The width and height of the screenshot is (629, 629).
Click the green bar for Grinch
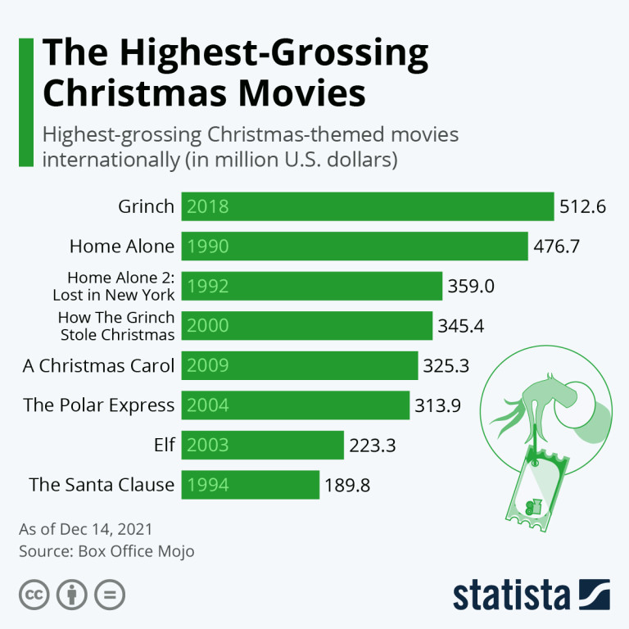pyautogui.click(x=368, y=206)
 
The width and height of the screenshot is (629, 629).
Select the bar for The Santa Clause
pyautogui.click(x=250, y=485)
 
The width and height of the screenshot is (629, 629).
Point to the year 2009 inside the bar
pyautogui.click(x=208, y=365)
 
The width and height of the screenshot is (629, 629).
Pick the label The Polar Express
pyautogui.click(x=99, y=405)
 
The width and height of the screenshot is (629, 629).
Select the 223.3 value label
pyautogui.click(x=373, y=445)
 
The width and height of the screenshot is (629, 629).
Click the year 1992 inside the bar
pyautogui.click(x=208, y=287)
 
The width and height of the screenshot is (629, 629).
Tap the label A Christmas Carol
pyautogui.click(x=98, y=365)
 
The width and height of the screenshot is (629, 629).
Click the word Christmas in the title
pyautogui.click(x=124, y=93)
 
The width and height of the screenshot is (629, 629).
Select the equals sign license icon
pyautogui.click(x=109, y=595)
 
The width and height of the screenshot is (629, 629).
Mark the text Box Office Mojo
pyautogui.click(x=136, y=551)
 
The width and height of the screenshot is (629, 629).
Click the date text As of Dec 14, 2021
pyautogui.click(x=86, y=529)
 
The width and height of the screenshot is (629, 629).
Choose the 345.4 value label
pyautogui.click(x=461, y=326)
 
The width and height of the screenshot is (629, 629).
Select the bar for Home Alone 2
pyautogui.click(x=311, y=287)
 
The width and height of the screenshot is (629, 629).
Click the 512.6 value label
pyautogui.click(x=582, y=206)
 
